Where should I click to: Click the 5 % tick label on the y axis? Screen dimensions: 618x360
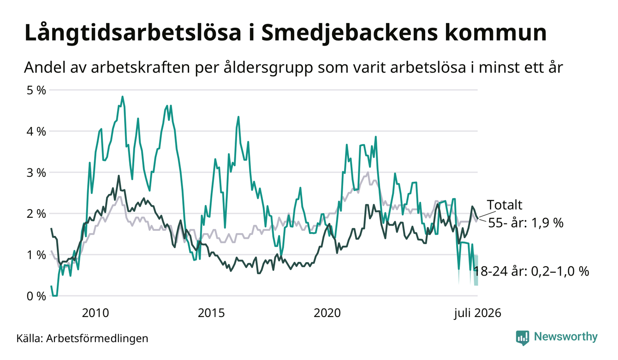(36, 90)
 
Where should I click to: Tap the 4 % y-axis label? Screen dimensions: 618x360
(36, 132)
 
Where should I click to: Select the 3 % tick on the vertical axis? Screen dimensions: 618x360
(36, 173)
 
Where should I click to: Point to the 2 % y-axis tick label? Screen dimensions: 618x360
(36, 214)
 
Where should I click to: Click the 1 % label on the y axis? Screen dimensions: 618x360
(36, 255)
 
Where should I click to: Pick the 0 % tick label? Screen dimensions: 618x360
(36, 296)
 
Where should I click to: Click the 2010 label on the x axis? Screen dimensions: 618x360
(95, 313)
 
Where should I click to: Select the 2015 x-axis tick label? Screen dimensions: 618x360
(211, 313)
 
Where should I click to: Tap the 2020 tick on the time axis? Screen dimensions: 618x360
(327, 313)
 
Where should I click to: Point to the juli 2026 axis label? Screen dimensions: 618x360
(478, 313)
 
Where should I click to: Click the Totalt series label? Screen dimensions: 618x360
(505, 205)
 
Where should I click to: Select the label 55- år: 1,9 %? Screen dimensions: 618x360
(526, 223)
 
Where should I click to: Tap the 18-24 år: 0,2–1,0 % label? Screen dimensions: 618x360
(531, 271)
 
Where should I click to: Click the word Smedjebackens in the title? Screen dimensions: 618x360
(350, 33)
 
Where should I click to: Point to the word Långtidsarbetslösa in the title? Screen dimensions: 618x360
(133, 33)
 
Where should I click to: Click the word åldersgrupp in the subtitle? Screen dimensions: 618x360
(268, 67)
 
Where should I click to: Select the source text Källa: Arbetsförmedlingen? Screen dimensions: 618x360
(82, 338)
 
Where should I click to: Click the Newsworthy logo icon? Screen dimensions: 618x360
(523, 338)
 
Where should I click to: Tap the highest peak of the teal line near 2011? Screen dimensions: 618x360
(123, 96)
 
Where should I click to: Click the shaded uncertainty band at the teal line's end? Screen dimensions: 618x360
(476, 270)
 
